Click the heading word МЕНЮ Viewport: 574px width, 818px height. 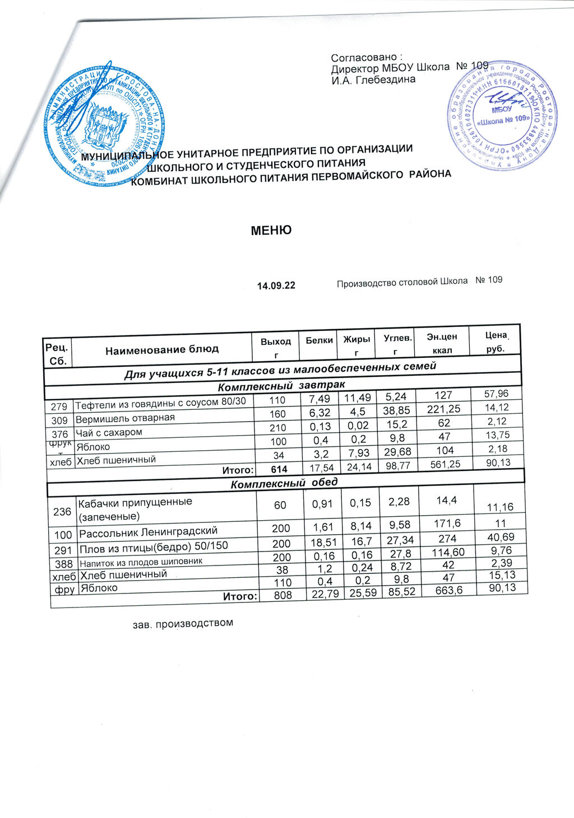pos(271,230)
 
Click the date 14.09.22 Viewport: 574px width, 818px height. pos(276,286)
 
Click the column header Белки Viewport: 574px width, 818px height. pos(320,340)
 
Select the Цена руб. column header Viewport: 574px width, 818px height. pos(495,342)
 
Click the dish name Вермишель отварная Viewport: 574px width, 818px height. pos(125,418)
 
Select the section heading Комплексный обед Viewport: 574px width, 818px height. pos(284,483)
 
